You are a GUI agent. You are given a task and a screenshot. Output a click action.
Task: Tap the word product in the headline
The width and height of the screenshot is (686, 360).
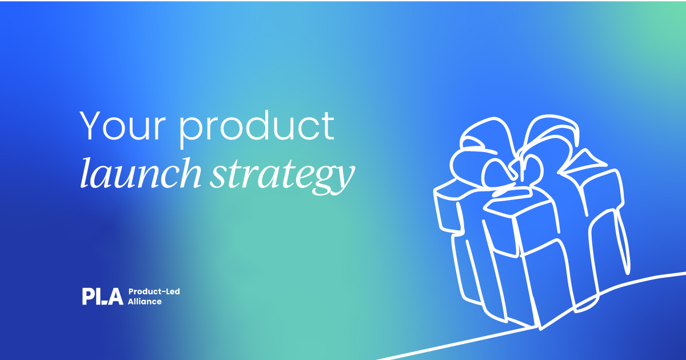click(257, 128)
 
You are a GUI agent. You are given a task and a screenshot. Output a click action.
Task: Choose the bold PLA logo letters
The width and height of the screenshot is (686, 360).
click(102, 296)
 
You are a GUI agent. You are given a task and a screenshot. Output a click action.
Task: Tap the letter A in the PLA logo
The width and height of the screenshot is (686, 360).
click(116, 296)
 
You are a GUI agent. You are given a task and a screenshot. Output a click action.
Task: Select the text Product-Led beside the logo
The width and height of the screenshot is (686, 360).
click(154, 291)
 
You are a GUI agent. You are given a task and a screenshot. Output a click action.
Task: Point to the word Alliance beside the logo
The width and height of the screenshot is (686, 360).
click(145, 301)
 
